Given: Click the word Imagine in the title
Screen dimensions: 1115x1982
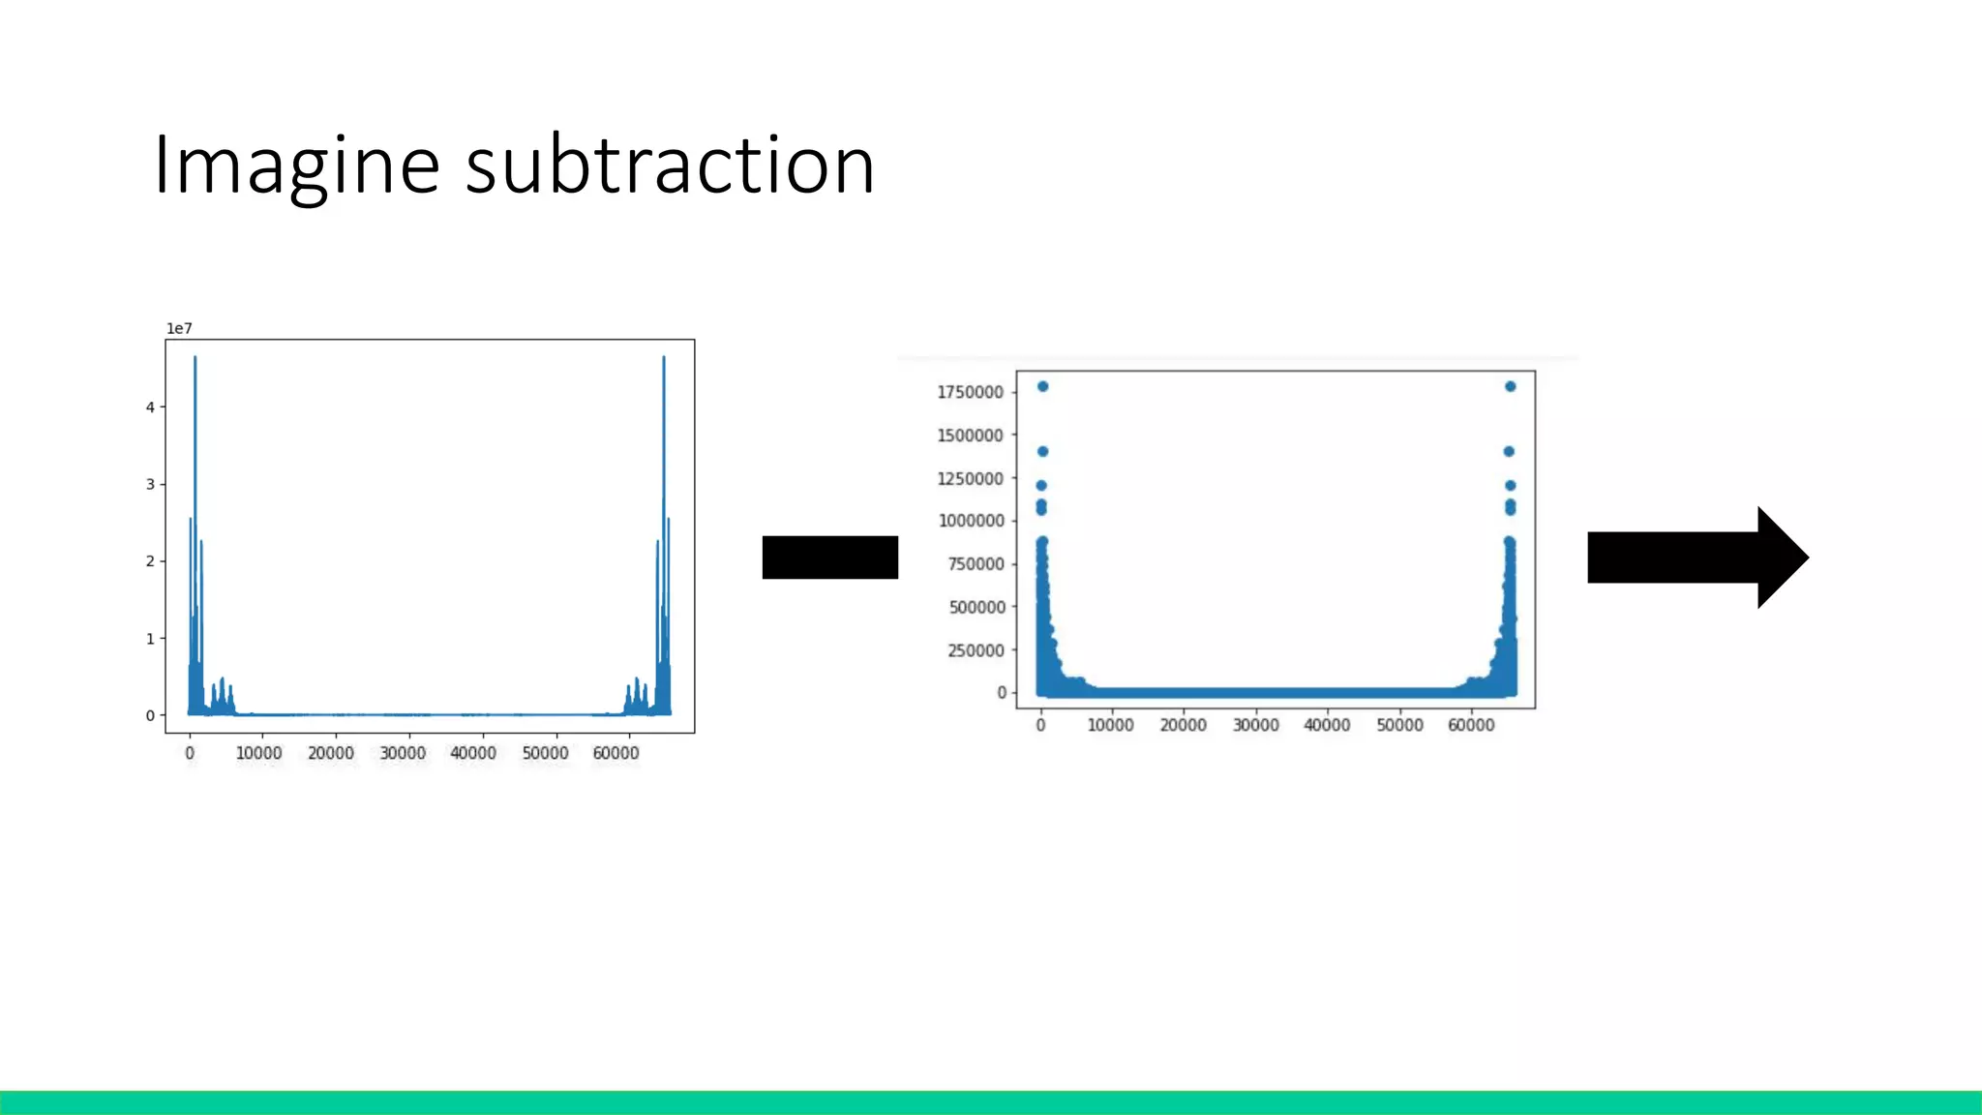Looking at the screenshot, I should pyautogui.click(x=296, y=166).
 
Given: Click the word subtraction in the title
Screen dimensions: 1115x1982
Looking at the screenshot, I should pyautogui.click(x=670, y=166).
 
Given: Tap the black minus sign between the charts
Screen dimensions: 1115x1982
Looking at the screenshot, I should pyautogui.click(x=829, y=557).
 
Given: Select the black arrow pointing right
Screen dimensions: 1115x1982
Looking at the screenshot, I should pyautogui.click(x=1697, y=557).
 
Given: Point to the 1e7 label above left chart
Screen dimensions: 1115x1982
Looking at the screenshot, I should pyautogui.click(x=179, y=329).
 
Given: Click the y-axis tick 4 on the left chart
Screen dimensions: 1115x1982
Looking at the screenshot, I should pyautogui.click(x=150, y=407).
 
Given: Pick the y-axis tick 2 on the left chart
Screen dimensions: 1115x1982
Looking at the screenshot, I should pyautogui.click(x=150, y=561).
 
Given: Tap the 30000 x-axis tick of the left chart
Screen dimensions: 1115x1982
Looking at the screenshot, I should pyautogui.click(x=403, y=753).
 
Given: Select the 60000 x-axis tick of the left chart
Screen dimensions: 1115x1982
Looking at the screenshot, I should pyautogui.click(x=616, y=753).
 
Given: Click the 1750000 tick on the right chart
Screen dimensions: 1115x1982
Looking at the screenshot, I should pyautogui.click(x=970, y=392).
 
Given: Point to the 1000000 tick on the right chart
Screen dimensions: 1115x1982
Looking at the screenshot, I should pyautogui.click(x=971, y=521).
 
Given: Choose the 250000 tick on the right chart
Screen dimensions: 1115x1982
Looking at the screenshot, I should pyautogui.click(x=976, y=650).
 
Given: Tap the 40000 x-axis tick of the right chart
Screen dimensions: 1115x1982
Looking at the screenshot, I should pyautogui.click(x=1327, y=725).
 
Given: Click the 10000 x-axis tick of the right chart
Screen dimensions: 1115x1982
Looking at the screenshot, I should pyautogui.click(x=1110, y=725).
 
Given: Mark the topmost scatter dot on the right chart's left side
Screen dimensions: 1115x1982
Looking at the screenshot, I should pyautogui.click(x=1042, y=386).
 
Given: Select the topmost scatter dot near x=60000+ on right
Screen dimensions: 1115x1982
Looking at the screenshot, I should pyautogui.click(x=1510, y=386).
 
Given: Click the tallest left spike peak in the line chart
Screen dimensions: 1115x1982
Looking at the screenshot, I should pyautogui.click(x=195, y=358).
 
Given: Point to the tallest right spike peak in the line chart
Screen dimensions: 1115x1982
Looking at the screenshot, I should pyautogui.click(x=664, y=358).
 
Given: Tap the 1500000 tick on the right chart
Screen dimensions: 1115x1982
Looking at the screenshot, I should pyautogui.click(x=970, y=436).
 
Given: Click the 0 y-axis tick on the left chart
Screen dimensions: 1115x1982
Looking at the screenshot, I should pyautogui.click(x=150, y=716).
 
